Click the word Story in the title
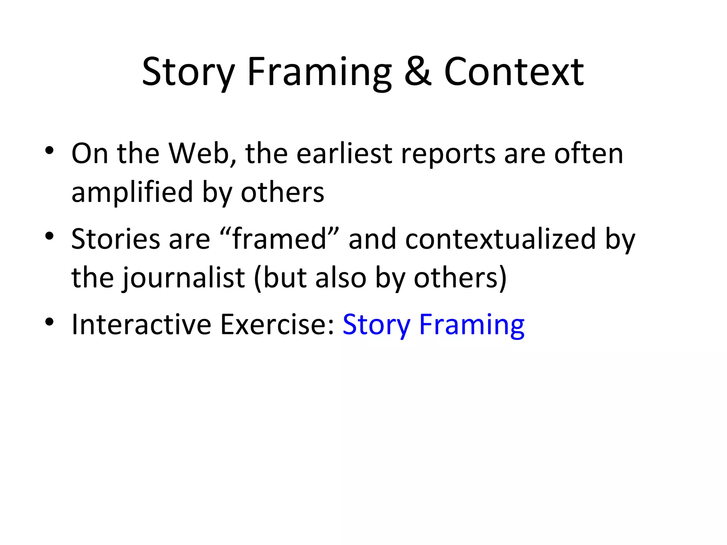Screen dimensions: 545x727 188,73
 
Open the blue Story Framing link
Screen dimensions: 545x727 433,325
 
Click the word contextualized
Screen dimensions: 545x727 500,239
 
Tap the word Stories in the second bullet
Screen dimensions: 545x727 116,239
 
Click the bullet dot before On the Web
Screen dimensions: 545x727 49,151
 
